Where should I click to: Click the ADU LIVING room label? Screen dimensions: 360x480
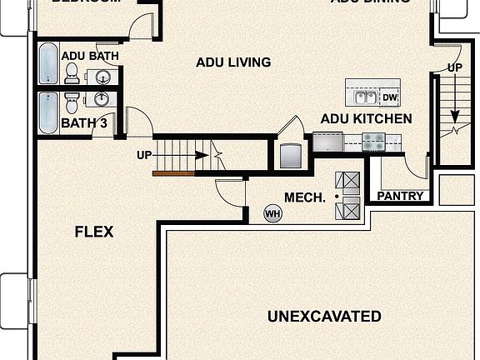[x=233, y=62]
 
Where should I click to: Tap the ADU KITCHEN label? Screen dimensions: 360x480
[x=366, y=119]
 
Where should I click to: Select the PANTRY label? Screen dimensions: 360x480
[x=400, y=197]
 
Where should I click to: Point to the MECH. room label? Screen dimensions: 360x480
[x=304, y=197]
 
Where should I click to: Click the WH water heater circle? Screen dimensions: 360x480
[x=272, y=214]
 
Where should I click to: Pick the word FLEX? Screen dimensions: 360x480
[x=94, y=232]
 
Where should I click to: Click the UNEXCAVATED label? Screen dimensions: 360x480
[x=324, y=317]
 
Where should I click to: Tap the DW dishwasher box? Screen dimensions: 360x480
[x=390, y=97]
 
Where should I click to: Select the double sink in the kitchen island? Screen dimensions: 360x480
[x=366, y=97]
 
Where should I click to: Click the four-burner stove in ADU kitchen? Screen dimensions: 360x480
[x=373, y=143]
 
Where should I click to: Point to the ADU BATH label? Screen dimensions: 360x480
[x=90, y=57]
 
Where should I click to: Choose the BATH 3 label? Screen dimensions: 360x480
[x=82, y=123]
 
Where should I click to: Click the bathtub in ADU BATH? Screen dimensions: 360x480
[x=48, y=65]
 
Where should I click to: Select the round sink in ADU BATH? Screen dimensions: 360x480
[x=102, y=77]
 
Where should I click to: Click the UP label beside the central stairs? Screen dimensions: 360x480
[x=144, y=154]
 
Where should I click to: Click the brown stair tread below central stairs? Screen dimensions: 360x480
[x=173, y=173]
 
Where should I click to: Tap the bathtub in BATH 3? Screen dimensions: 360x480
[x=48, y=112]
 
